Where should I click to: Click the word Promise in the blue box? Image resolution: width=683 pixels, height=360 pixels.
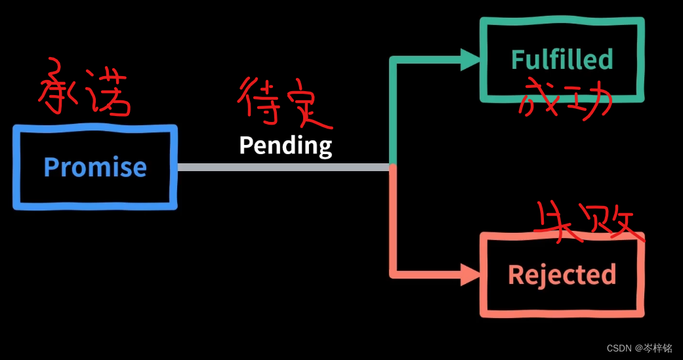pos(95,167)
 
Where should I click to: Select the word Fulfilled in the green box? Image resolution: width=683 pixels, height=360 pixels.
pos(562,60)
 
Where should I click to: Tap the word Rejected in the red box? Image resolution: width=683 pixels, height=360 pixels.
pos(562,274)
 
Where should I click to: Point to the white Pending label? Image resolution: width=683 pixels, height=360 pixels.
pos(285,145)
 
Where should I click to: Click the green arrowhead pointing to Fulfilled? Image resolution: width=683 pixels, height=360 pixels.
pos(471,60)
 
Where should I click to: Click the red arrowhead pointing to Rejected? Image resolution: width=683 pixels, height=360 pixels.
pos(471,274)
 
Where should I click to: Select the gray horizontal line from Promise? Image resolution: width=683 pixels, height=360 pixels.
pos(282,167)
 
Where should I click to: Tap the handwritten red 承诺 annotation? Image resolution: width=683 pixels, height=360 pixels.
pos(83,95)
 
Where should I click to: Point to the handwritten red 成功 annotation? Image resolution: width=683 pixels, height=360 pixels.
pos(564,100)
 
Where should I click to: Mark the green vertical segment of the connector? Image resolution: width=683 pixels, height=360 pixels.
pos(393,111)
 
